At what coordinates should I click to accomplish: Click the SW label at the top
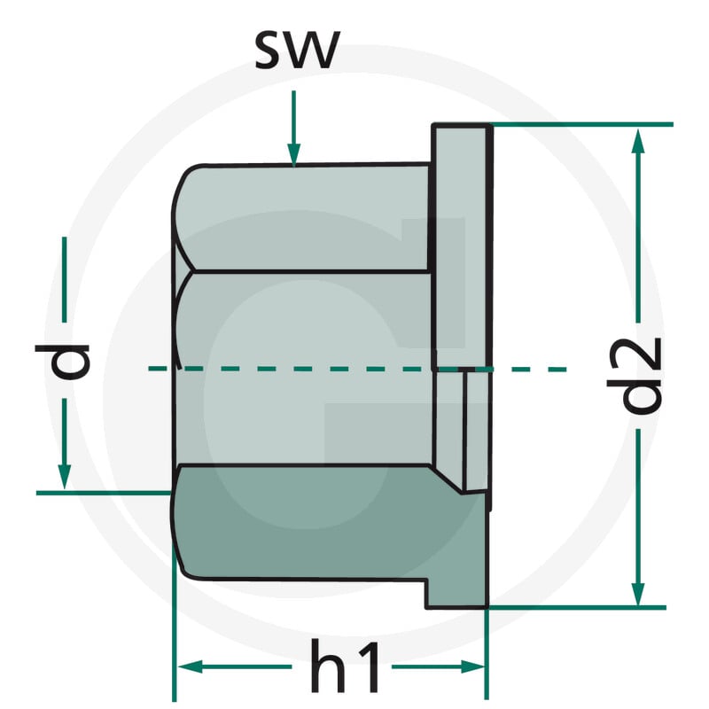click(297, 51)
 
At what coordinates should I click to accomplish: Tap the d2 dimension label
click(634, 376)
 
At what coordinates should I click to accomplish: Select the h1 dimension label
click(344, 666)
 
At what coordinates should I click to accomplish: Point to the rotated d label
click(62, 361)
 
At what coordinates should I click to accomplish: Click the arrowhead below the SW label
click(294, 155)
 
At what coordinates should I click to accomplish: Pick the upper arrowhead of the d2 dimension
click(637, 140)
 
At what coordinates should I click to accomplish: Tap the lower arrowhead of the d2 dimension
click(637, 594)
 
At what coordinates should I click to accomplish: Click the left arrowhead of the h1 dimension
click(190, 666)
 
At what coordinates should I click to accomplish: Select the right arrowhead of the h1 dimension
click(472, 666)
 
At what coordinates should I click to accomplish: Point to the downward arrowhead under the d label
click(64, 477)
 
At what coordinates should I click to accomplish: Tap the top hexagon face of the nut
click(303, 218)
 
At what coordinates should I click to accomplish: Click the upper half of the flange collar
click(461, 246)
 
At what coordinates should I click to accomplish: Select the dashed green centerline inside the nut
click(357, 369)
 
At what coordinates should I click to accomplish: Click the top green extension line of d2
click(582, 124)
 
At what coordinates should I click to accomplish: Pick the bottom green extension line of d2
click(577, 607)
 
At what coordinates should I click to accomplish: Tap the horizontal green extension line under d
click(104, 493)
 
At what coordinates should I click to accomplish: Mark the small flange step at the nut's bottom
click(456, 593)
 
